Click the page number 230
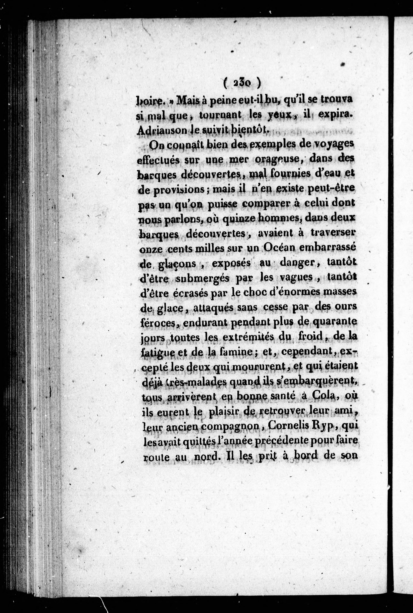point(242,84)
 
